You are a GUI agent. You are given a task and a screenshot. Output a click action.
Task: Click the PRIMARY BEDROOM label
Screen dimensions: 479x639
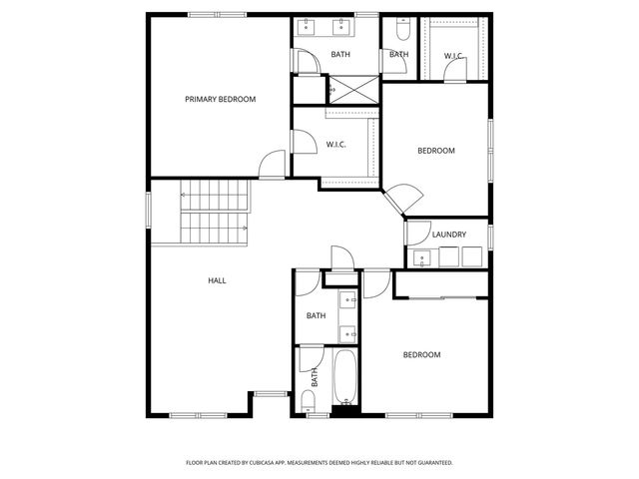[x=221, y=99]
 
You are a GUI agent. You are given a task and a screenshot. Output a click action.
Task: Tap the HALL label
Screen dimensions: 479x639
[x=217, y=280]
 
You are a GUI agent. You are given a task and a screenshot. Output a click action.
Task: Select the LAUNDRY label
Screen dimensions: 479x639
[x=449, y=235]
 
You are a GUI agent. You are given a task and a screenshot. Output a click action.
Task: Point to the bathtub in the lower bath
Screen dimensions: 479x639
[x=346, y=378]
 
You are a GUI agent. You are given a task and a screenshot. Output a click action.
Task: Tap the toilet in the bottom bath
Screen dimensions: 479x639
[x=309, y=401]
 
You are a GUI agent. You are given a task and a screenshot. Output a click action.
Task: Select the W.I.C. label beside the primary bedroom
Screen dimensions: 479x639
[x=336, y=145]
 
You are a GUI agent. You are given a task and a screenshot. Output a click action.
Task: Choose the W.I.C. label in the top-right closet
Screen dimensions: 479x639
[x=454, y=55]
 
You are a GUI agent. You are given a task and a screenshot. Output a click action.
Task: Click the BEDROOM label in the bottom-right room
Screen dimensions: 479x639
[x=421, y=354]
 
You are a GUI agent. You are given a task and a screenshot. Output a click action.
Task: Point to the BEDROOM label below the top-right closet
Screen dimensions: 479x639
[x=435, y=151]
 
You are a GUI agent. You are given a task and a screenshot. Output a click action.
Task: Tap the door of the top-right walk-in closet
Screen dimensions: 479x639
[x=454, y=76]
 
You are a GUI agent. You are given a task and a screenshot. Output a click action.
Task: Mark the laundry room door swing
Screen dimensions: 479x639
[x=416, y=231]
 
